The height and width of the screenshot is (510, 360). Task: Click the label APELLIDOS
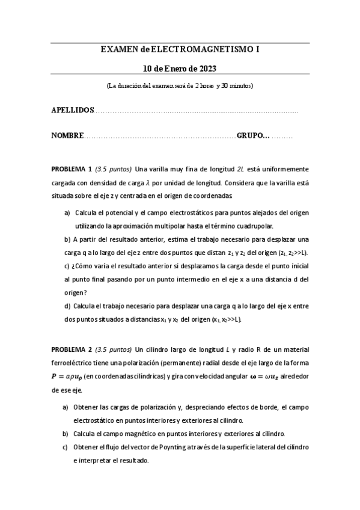(x=73, y=111)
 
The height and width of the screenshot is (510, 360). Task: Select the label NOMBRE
(x=67, y=136)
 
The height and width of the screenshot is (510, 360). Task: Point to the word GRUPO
(x=253, y=136)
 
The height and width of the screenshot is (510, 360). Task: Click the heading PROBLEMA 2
(x=72, y=349)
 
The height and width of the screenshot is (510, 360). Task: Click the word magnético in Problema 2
(x=146, y=434)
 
